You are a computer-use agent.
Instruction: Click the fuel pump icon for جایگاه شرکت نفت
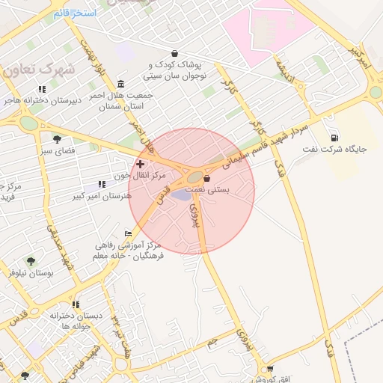pos(334,138)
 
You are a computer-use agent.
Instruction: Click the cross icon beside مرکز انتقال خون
pos(140,163)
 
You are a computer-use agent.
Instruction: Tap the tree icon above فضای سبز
pos(57,138)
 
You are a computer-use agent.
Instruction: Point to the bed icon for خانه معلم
pos(129,233)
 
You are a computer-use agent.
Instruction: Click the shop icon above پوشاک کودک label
pos(175,53)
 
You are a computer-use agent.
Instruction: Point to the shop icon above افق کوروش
pos(270,368)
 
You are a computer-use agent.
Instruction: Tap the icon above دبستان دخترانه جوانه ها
pos(76,304)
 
